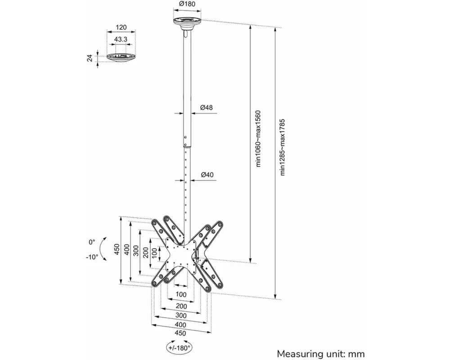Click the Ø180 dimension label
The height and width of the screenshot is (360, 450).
pyautogui.click(x=187, y=4)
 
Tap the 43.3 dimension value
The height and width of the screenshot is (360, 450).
pyautogui.click(x=121, y=39)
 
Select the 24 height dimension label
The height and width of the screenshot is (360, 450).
pyautogui.click(x=90, y=58)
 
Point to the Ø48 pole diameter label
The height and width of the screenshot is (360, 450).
pyautogui.click(x=207, y=108)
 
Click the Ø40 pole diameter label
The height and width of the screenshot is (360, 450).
pyautogui.click(x=207, y=175)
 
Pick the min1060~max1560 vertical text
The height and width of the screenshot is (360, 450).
pyautogui.click(x=258, y=138)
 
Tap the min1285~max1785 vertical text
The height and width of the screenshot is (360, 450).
pyautogui.click(x=283, y=147)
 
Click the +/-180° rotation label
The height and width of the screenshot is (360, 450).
pyautogui.click(x=180, y=348)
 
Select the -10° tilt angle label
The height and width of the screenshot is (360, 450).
pyautogui.click(x=92, y=257)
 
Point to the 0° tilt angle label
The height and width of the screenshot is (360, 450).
pyautogui.click(x=92, y=242)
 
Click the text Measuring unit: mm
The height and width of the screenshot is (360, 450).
pyautogui.click(x=320, y=354)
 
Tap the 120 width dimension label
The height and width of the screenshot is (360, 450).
pyautogui.click(x=121, y=27)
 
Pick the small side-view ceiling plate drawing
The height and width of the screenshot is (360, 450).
pyautogui.click(x=121, y=57)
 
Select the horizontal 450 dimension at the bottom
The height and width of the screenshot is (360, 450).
pyautogui.click(x=180, y=333)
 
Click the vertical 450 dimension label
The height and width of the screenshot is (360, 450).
pyautogui.click(x=117, y=249)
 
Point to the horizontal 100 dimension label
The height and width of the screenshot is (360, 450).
pyautogui.click(x=181, y=294)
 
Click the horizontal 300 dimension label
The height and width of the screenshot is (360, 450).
pyautogui.click(x=181, y=315)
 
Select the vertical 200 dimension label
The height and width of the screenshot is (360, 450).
pyautogui.click(x=145, y=252)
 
